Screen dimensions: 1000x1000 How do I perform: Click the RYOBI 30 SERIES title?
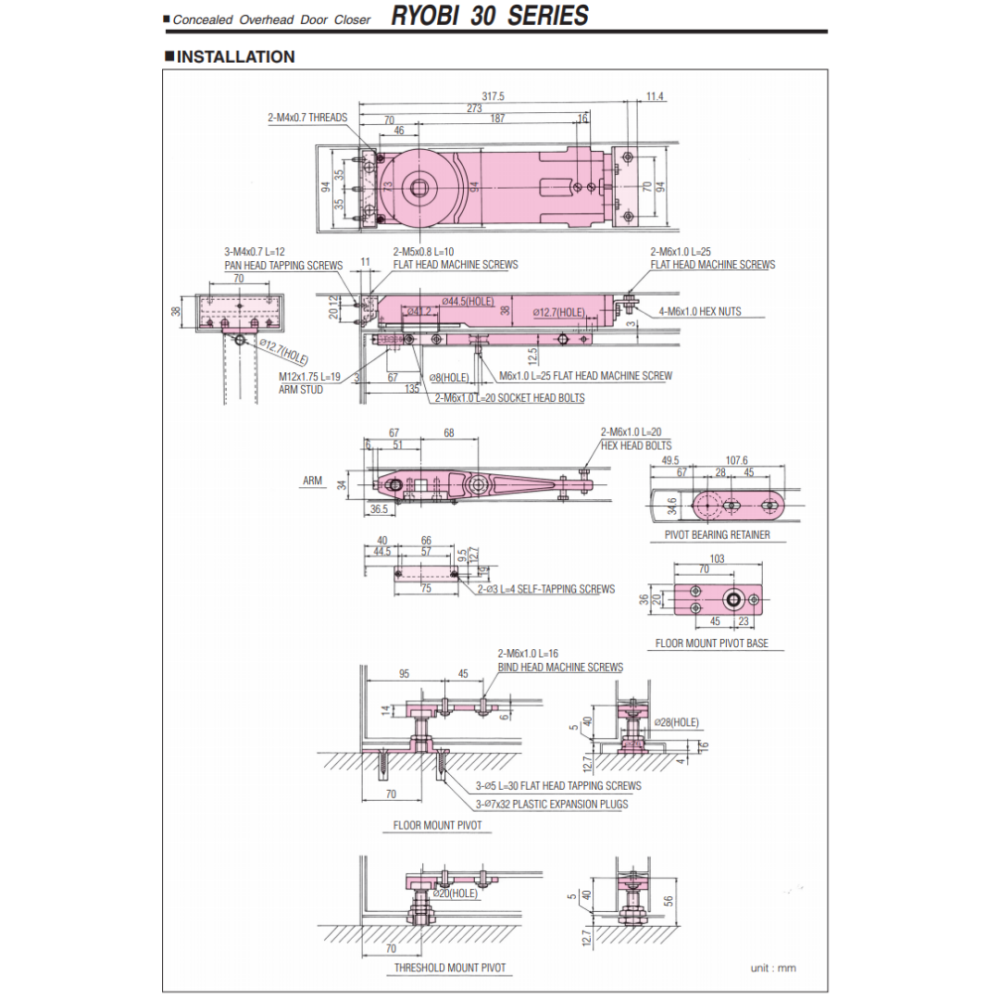point(489,16)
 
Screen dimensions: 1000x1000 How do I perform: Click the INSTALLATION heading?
point(235,56)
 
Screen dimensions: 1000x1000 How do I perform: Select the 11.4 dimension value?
point(656,96)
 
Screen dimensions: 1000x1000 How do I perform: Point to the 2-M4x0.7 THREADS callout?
point(307,118)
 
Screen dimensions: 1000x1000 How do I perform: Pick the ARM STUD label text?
point(301,390)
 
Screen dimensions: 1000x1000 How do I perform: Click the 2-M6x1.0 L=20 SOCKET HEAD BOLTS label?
point(509,398)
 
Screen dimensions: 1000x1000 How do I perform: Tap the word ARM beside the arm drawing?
point(312,481)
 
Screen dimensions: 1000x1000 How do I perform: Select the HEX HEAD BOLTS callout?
point(636,445)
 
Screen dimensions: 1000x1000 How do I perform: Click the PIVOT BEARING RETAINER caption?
point(717,535)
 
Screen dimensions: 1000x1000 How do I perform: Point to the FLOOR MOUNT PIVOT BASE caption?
point(711,643)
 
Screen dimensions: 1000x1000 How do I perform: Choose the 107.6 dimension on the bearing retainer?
point(737,460)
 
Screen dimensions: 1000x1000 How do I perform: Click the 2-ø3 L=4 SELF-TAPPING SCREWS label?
point(546,589)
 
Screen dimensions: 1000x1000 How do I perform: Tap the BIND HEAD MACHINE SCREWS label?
point(560,667)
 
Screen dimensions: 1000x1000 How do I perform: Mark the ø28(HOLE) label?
point(676,722)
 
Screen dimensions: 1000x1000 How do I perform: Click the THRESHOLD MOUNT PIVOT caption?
point(450,968)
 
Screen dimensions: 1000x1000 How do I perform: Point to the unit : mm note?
point(773,969)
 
